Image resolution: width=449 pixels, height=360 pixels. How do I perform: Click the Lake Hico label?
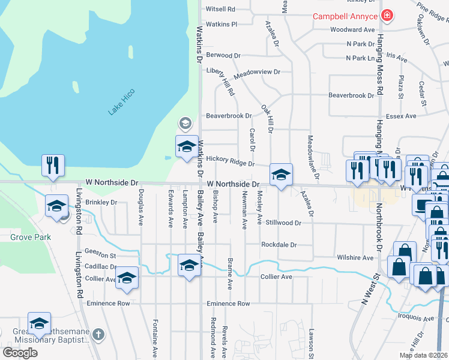[122, 102]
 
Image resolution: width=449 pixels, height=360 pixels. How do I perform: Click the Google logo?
[20, 352]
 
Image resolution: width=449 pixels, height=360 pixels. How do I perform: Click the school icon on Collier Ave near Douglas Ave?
[127, 277]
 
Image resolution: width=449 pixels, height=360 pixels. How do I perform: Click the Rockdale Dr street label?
[279, 245]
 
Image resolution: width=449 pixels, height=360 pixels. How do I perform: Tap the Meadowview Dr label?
[257, 72]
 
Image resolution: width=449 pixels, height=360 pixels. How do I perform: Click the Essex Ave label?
[401, 116]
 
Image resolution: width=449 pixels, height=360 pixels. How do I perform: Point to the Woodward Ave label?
[352, 29]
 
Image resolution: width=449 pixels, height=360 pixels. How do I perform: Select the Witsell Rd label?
[220, 10]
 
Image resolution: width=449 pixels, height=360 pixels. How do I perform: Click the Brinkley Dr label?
[101, 202]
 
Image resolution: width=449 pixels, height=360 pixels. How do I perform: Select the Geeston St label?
[100, 254]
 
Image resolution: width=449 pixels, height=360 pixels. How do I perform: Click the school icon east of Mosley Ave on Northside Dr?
[281, 175]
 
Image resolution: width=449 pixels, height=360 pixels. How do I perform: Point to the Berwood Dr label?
[223, 55]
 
